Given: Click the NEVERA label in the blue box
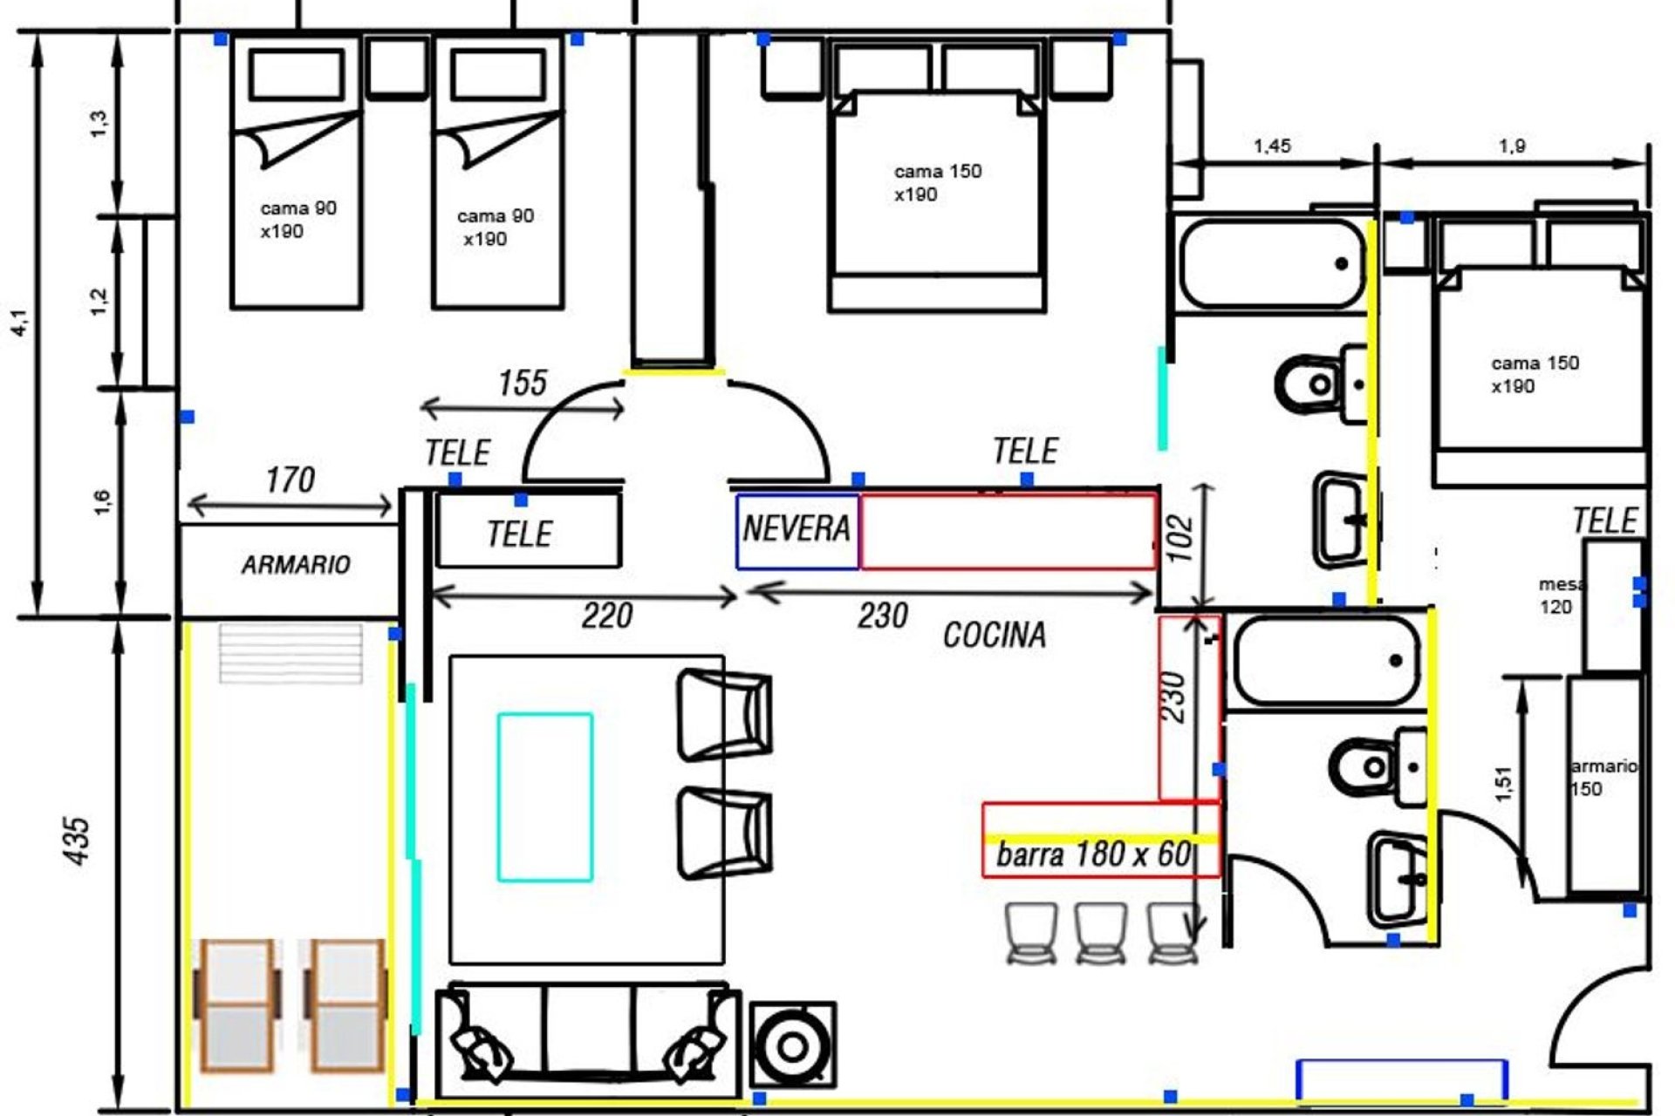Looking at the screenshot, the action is pyautogui.click(x=796, y=528).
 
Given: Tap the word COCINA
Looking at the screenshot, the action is pyautogui.click(x=995, y=635).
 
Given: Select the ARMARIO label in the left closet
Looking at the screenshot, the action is pyautogui.click(x=296, y=565).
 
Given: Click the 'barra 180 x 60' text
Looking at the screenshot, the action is pyautogui.click(x=1094, y=854).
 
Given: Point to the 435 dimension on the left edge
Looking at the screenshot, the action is pyautogui.click(x=78, y=840).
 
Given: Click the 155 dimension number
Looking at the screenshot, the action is pyautogui.click(x=523, y=383).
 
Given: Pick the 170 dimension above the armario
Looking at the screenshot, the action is pyautogui.click(x=290, y=480).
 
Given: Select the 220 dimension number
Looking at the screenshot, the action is pyautogui.click(x=607, y=616).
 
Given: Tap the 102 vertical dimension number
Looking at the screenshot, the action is pyautogui.click(x=1179, y=540).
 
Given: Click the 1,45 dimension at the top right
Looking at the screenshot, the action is pyautogui.click(x=1272, y=146).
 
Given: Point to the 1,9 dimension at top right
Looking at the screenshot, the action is pyautogui.click(x=1512, y=146).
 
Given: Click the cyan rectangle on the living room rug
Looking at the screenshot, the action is pyautogui.click(x=545, y=797).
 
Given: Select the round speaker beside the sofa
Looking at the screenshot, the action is pyautogui.click(x=793, y=1046).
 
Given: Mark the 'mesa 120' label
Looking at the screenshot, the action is pyautogui.click(x=1560, y=595).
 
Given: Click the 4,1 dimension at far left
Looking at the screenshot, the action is pyautogui.click(x=21, y=323).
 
